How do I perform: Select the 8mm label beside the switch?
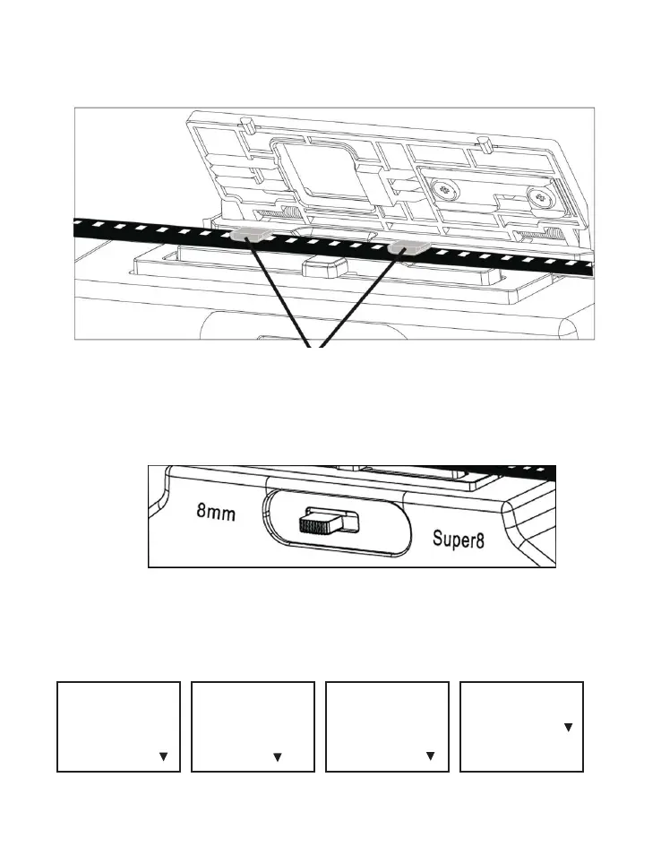point(215,514)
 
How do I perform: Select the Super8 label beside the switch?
point(458,541)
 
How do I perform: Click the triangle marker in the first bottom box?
point(163,757)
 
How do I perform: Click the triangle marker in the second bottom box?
point(278,757)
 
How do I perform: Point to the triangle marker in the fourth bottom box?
point(568,729)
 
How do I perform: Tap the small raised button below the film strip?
point(325,267)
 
